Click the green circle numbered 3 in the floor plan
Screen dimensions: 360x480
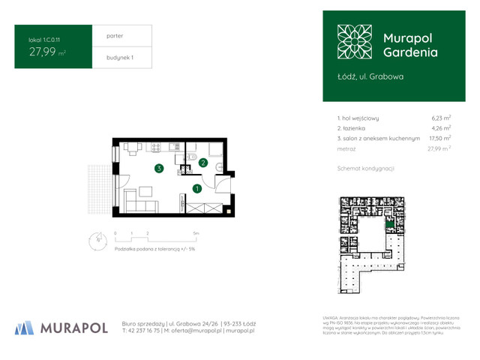tap(158, 169)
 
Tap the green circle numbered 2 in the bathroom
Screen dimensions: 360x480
tap(202, 163)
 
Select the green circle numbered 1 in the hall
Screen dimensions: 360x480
tap(196, 188)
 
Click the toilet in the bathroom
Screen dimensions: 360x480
tap(216, 166)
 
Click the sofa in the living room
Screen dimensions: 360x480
tap(139, 200)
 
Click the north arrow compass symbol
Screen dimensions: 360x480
tap(95, 240)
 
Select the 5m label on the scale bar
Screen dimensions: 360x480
tap(196, 235)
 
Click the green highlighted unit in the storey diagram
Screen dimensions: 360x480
tap(388, 223)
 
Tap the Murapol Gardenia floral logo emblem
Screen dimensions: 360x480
tap(353, 43)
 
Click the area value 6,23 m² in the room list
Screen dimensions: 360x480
tap(440, 118)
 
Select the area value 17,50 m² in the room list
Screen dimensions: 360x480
tap(439, 139)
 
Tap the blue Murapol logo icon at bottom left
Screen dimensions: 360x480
tap(24, 327)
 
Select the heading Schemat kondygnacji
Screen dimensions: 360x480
tap(366, 169)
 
